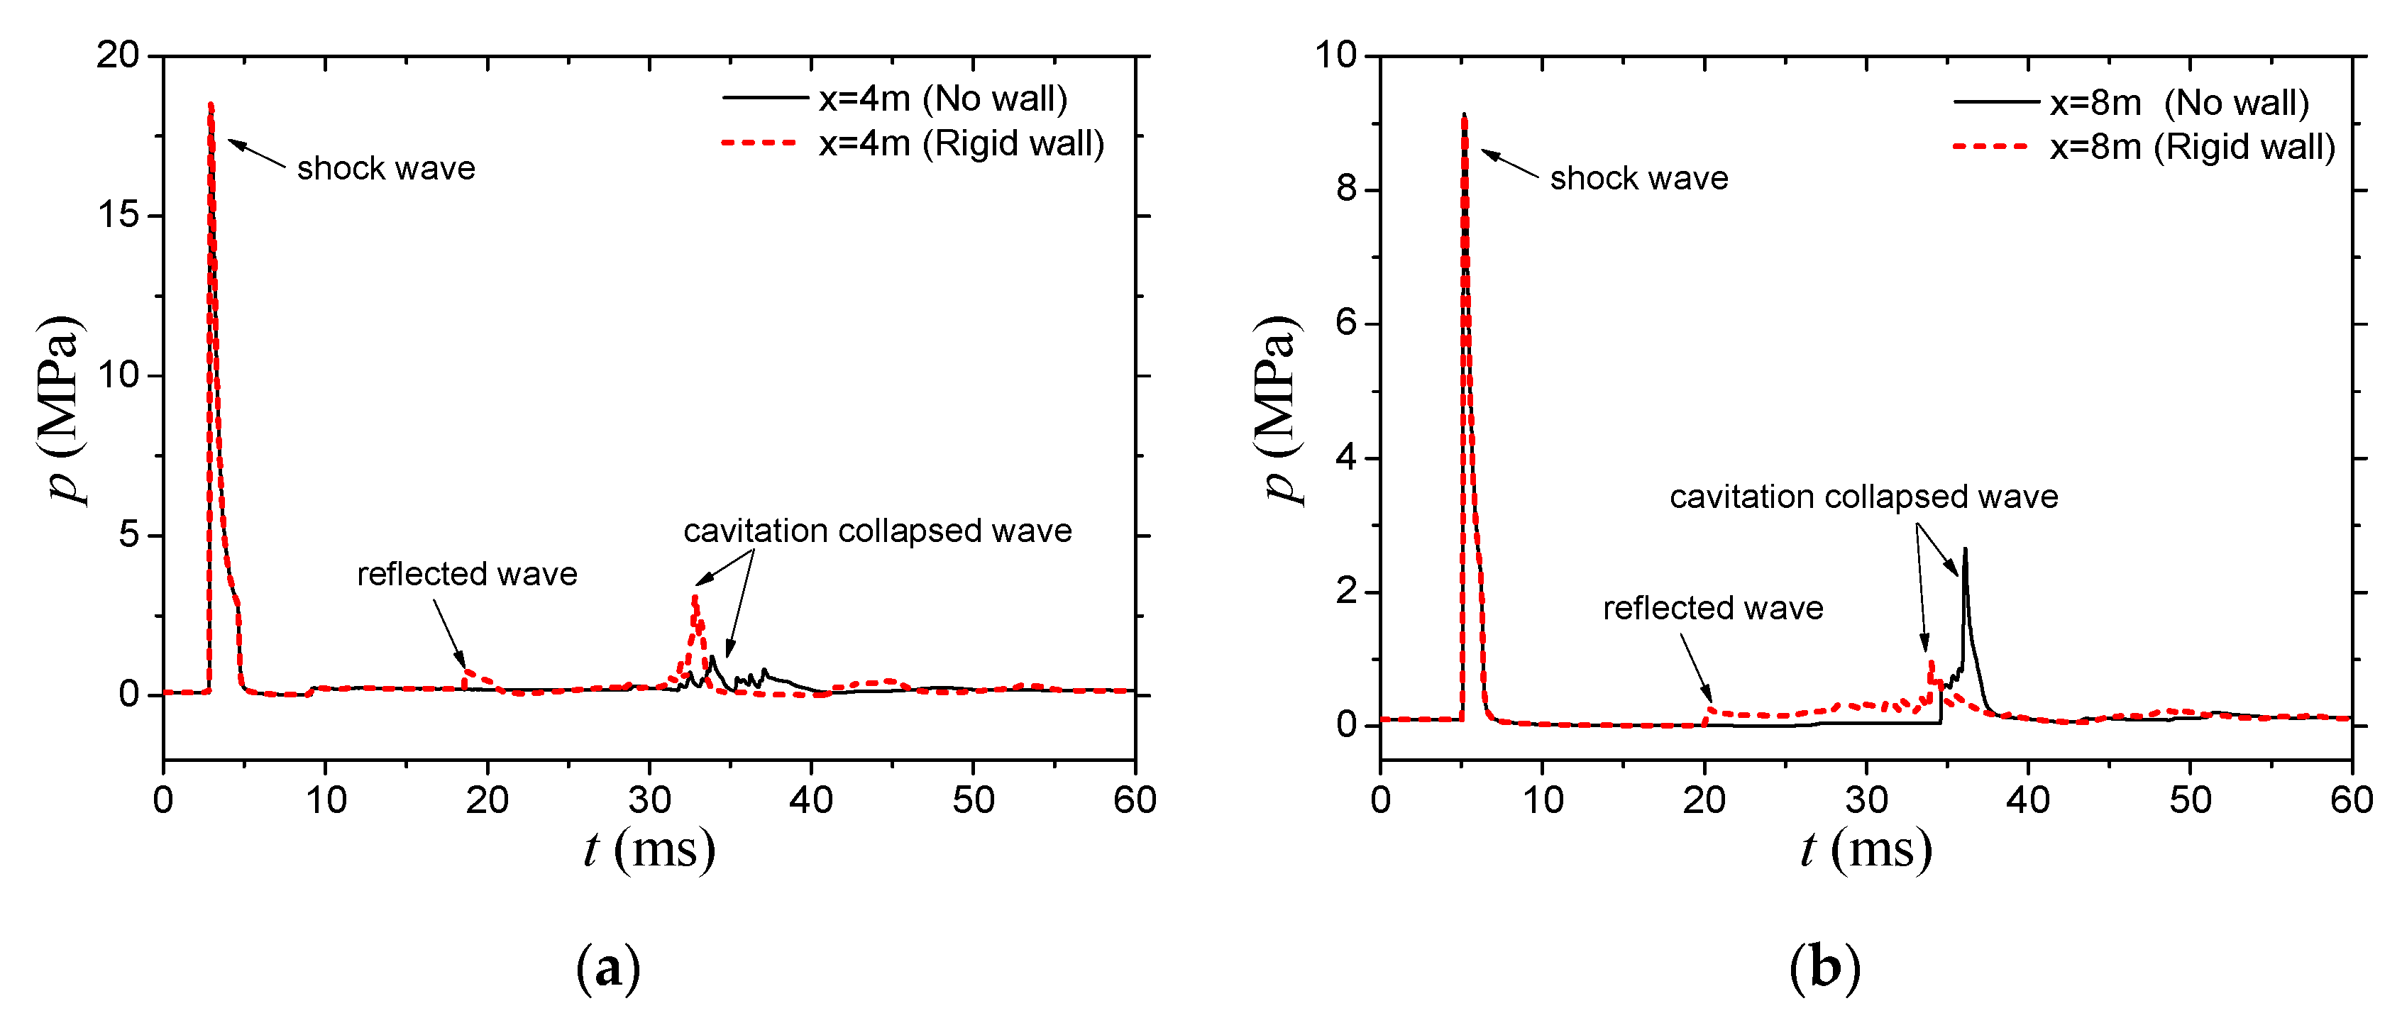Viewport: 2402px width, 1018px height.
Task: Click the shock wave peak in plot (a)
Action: click(x=211, y=105)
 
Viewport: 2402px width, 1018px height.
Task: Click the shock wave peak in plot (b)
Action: click(x=1464, y=116)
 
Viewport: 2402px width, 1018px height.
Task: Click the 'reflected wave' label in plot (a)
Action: click(x=467, y=573)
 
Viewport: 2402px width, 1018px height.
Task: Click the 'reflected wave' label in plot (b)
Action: click(x=1713, y=608)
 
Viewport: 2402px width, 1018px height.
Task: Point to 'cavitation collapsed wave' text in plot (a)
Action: click(x=878, y=531)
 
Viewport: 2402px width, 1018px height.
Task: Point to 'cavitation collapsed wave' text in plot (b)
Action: click(x=1863, y=496)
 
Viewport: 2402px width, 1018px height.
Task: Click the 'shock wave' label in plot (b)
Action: click(x=1638, y=177)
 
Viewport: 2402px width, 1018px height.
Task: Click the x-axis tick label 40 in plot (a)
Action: click(x=811, y=800)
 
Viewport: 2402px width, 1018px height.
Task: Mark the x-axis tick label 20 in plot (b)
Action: click(x=1704, y=800)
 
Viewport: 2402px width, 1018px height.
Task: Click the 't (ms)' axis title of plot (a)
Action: click(x=650, y=849)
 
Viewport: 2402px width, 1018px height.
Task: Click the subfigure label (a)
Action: click(x=608, y=968)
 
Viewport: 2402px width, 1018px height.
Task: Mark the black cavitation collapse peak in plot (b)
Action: click(x=1965, y=550)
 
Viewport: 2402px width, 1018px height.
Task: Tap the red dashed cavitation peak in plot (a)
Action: click(x=695, y=597)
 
